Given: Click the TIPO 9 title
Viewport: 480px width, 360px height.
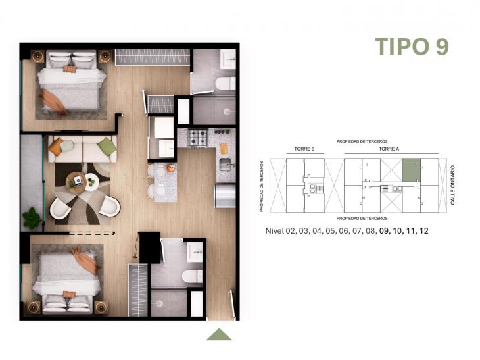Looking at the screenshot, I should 412,46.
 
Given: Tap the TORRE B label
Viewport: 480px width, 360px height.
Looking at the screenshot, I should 304,150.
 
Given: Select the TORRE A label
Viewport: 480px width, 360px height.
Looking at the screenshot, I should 389,150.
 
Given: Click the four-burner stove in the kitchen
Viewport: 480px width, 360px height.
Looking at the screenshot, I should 198,138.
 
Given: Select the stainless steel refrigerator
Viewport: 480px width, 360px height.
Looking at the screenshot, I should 225,195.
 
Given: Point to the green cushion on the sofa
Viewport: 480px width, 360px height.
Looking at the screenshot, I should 107,146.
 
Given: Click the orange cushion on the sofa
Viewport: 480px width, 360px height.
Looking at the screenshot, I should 57,145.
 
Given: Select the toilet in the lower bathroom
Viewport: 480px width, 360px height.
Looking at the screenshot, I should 193,276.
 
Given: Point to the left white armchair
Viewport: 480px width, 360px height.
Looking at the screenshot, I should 61,209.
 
